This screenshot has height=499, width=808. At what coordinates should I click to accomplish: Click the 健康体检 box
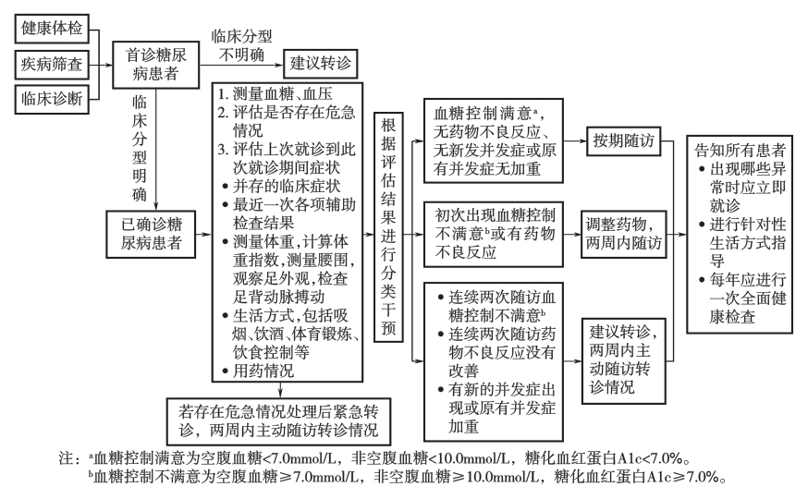[x=52, y=29]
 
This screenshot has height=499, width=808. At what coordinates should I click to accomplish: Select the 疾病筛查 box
[x=52, y=65]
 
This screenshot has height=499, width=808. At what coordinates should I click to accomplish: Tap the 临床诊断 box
[x=52, y=99]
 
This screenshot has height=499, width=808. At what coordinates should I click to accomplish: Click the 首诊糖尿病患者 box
[x=155, y=65]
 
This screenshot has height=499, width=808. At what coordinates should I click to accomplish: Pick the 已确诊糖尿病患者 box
[x=151, y=234]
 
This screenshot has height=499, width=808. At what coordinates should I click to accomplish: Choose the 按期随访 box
[x=623, y=140]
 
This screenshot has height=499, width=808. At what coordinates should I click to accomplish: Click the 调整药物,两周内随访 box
[x=623, y=234]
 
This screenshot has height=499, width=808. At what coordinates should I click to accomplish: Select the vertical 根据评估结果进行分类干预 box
[x=388, y=226]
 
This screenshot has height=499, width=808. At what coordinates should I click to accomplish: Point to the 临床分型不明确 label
[x=241, y=45]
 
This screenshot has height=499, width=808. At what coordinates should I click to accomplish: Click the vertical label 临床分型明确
[x=139, y=148]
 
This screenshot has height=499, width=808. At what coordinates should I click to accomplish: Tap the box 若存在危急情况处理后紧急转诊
[x=279, y=421]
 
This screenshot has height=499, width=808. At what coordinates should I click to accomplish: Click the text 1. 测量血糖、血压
[x=275, y=93]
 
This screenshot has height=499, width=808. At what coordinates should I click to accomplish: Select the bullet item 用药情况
[x=258, y=371]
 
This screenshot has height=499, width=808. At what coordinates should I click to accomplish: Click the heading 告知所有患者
[x=740, y=151]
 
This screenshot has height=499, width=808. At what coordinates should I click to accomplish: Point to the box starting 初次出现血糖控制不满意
[x=493, y=235]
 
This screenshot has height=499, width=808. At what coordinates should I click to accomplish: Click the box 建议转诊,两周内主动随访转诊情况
[x=623, y=361]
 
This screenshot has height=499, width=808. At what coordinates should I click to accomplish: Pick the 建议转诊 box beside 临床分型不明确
[x=320, y=64]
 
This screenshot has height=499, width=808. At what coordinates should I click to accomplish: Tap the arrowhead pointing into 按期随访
[x=582, y=140]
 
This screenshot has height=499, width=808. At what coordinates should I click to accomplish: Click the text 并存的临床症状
[x=281, y=186]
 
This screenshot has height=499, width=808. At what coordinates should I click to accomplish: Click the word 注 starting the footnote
[x=66, y=458]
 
